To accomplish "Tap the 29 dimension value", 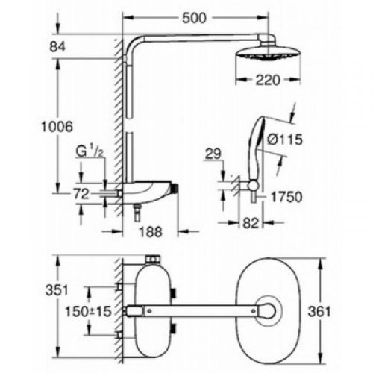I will tap(213, 155).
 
